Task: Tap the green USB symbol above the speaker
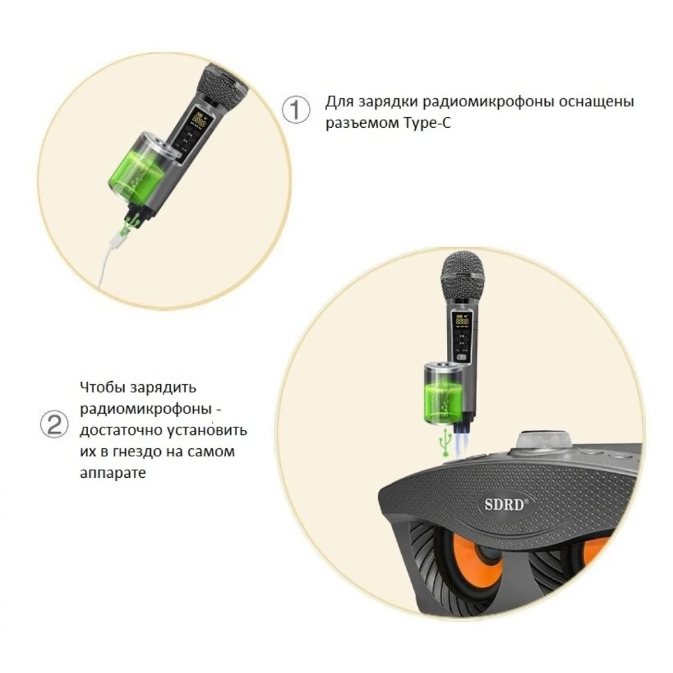444,443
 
